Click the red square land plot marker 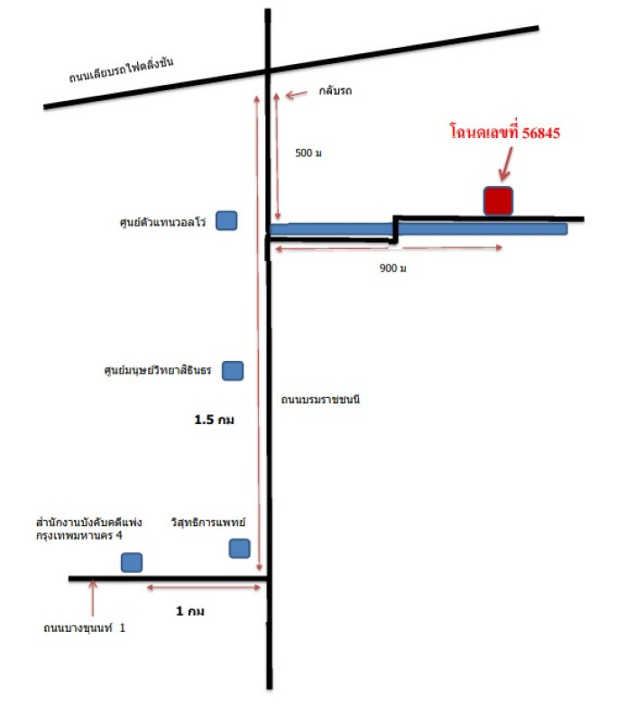click(x=498, y=200)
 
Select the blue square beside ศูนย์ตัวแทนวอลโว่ click(x=226, y=220)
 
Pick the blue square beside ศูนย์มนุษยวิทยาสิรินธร click(x=233, y=369)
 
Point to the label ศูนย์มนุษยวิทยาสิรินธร click(x=159, y=370)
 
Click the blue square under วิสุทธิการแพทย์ click(x=239, y=548)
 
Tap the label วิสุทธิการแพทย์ click(x=208, y=523)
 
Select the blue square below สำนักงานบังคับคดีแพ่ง click(x=132, y=562)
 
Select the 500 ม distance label click(x=308, y=153)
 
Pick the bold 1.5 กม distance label click(x=215, y=421)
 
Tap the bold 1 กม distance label click(x=190, y=611)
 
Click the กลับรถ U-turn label click(x=335, y=92)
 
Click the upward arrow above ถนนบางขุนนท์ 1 click(x=92, y=596)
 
